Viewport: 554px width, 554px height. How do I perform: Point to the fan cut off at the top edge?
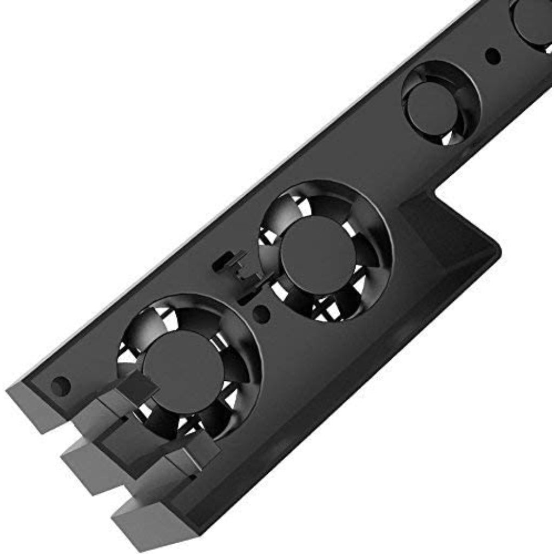[x=533, y=22]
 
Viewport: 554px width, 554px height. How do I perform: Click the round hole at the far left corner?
[x=60, y=385]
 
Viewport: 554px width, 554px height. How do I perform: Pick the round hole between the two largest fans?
[x=261, y=313]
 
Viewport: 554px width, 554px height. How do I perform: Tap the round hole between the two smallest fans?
[x=492, y=55]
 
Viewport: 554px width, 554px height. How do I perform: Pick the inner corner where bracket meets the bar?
[x=437, y=190]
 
